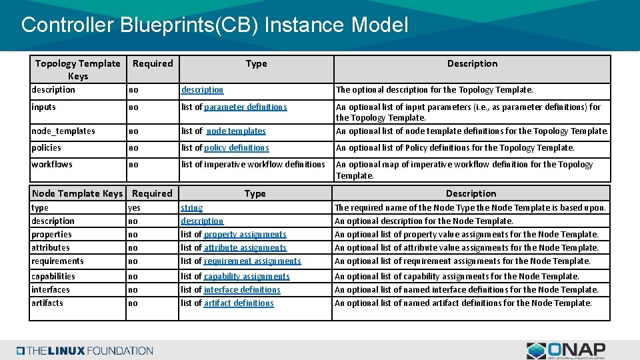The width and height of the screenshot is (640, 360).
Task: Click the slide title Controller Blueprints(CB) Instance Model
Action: click(214, 25)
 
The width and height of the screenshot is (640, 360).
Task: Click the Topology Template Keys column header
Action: click(77, 69)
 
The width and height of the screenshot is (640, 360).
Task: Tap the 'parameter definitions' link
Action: click(245, 107)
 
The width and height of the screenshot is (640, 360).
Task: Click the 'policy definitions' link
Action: click(236, 148)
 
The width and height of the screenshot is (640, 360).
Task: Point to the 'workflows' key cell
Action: click(52, 165)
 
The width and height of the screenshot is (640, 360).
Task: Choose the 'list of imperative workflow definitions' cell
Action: click(253, 165)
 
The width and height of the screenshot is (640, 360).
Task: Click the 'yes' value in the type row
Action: click(134, 208)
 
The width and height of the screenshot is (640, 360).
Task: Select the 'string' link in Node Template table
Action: click(192, 208)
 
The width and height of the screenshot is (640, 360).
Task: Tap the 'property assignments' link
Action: click(245, 235)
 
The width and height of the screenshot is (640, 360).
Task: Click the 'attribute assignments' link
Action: click(245, 248)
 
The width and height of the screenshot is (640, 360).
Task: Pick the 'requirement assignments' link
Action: click(252, 261)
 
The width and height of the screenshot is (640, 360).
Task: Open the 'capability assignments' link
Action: click(247, 276)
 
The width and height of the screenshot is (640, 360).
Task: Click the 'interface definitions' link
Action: click(242, 289)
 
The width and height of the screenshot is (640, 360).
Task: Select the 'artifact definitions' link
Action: click(239, 303)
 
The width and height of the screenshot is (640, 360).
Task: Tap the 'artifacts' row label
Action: click(47, 303)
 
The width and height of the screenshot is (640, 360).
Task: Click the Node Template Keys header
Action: click(77, 193)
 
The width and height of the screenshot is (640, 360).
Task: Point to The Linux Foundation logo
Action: click(85, 351)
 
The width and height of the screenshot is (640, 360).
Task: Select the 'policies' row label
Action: click(46, 148)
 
